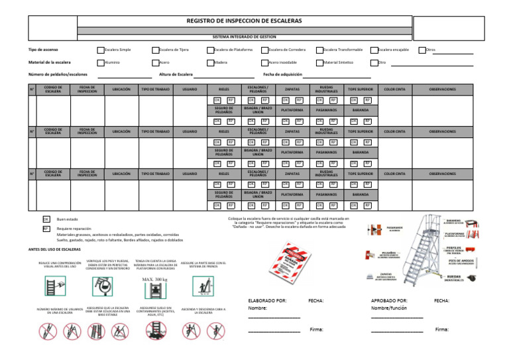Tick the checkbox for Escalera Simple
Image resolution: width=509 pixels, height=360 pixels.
coord(101,50)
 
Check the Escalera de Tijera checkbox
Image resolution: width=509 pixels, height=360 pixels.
coord(156,50)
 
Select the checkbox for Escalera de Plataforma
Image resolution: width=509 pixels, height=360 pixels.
coord(210,50)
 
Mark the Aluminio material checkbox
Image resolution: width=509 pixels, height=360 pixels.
coord(101,62)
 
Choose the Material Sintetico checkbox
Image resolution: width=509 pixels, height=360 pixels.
coord(319,62)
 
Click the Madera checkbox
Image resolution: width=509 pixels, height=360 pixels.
coord(210,62)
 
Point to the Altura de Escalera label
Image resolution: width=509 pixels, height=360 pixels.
coord(176,74)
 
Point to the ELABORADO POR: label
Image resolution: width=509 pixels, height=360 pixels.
coord(267,300)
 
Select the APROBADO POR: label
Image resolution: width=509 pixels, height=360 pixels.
coord(389,300)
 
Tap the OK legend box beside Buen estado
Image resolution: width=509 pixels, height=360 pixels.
coord(46,219)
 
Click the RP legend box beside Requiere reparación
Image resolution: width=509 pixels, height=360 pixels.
coord(46,229)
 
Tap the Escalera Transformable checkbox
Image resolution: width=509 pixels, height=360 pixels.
coord(319,50)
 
